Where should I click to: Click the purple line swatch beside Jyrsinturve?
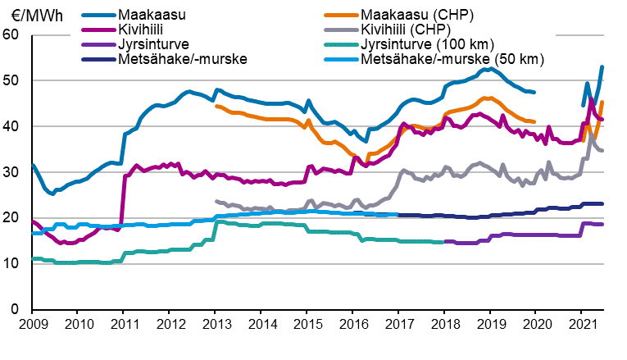[98, 43]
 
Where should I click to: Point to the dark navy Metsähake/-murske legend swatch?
[98, 58]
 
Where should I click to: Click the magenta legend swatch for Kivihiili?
[98, 30]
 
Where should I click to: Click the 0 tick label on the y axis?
[15, 310]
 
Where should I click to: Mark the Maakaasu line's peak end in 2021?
[602, 67]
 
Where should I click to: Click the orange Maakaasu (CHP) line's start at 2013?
[216, 106]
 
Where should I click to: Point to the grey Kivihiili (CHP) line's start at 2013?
[216, 201]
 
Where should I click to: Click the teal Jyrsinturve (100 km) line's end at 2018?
[443, 242]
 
